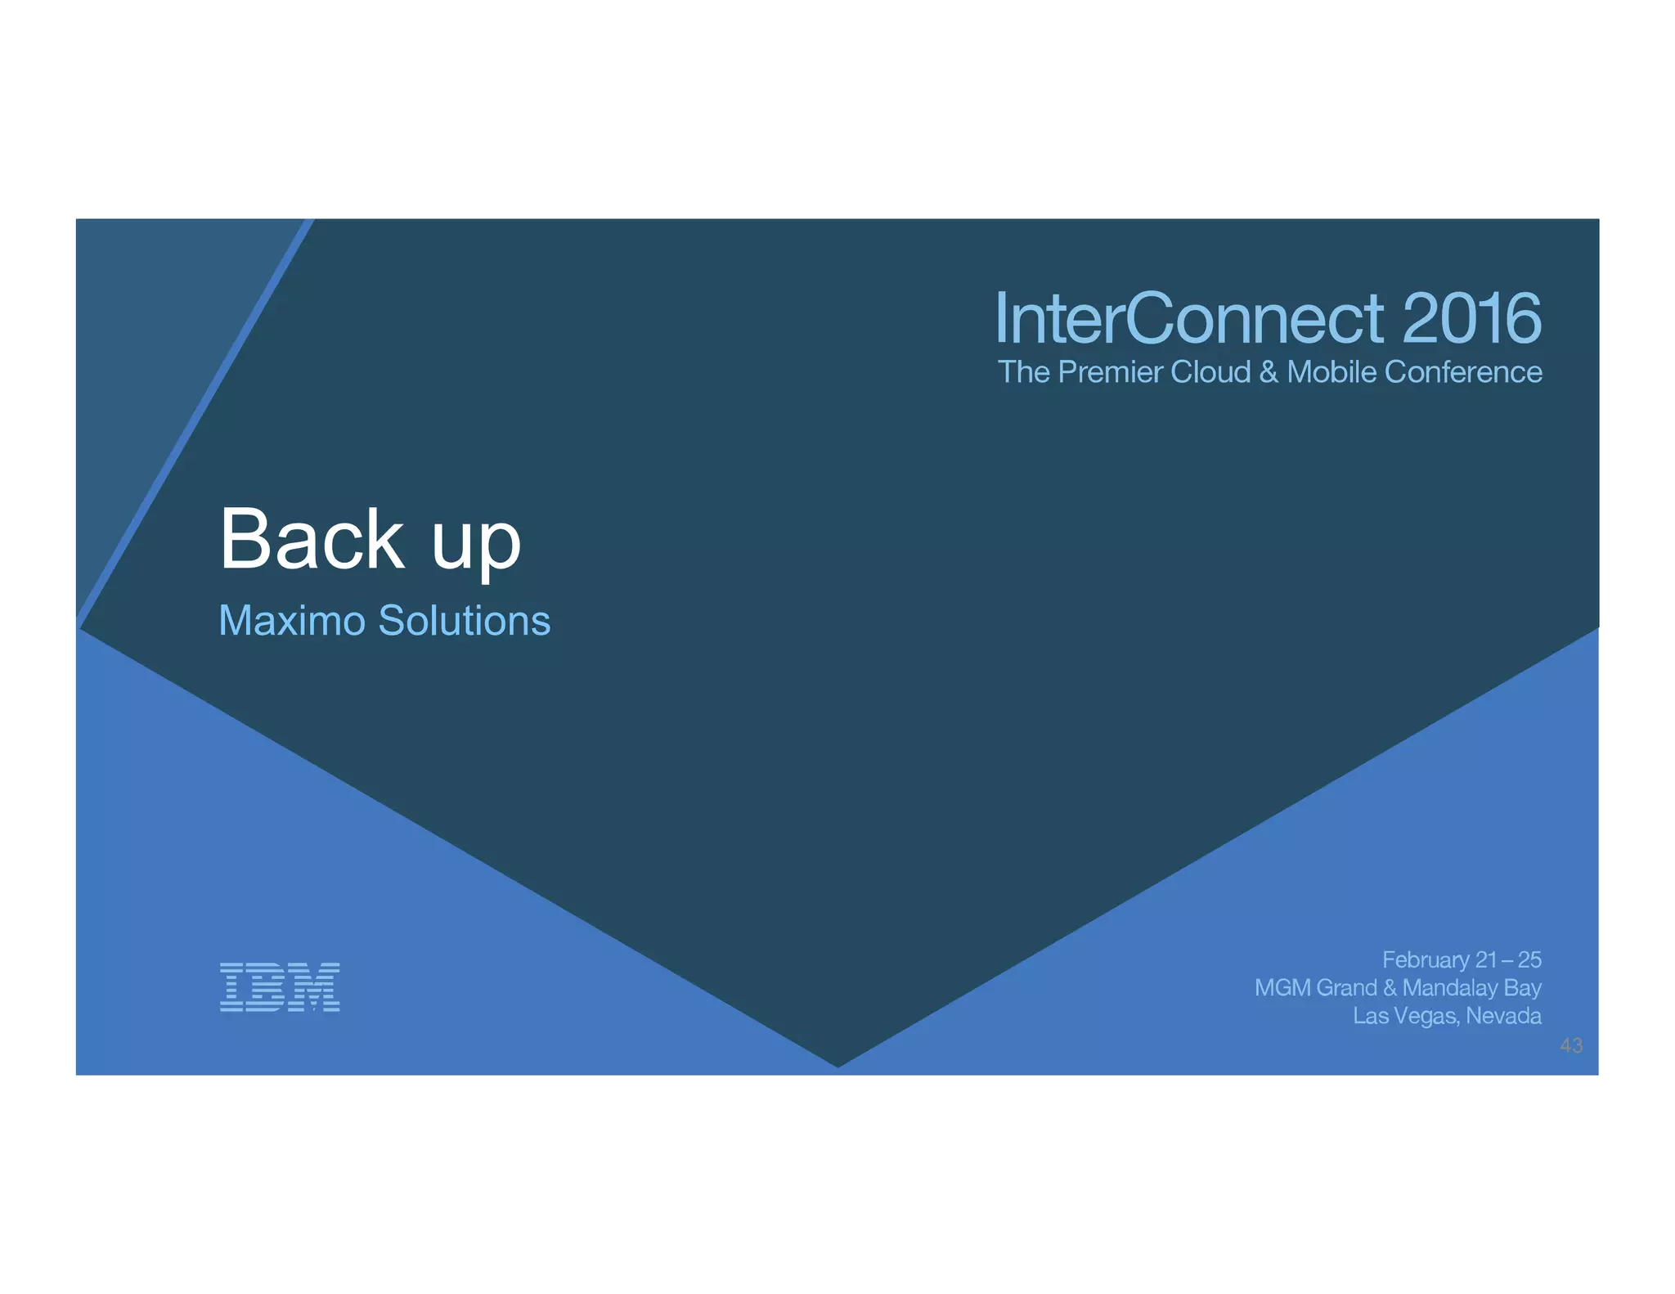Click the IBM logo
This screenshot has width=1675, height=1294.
point(280,987)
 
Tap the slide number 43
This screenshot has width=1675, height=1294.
point(1571,1045)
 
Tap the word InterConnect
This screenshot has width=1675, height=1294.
point(1189,318)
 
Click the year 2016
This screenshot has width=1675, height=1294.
point(1471,318)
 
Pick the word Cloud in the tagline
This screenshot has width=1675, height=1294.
point(1211,372)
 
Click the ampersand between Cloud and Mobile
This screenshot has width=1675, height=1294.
point(1269,372)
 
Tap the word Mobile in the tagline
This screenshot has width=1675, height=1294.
point(1331,372)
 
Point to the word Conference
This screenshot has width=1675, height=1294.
point(1463,372)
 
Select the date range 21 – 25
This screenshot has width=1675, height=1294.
point(1509,959)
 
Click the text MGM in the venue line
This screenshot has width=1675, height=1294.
point(1281,988)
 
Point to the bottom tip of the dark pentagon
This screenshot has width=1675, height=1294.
point(837,1066)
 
